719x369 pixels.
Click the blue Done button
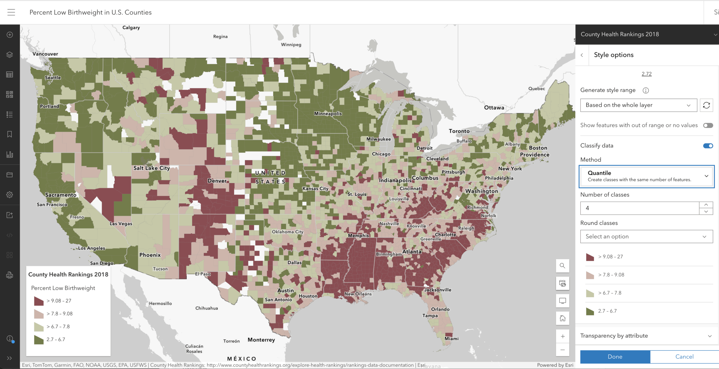615,356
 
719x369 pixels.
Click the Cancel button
684,356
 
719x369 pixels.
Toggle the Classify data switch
708,146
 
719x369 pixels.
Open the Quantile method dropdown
646,176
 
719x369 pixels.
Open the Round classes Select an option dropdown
646,236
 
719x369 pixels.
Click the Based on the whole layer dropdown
638,105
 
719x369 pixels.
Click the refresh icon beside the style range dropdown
706,105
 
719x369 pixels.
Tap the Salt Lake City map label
152,168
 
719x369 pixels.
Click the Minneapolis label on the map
328,114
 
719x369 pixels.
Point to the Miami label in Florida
451,339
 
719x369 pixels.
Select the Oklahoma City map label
287,232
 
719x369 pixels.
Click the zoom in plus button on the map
563,336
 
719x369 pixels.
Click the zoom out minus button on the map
563,350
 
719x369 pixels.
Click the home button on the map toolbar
563,318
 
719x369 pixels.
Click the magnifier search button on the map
562,266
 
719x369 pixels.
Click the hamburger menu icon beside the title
11,12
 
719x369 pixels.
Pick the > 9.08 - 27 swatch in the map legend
39,301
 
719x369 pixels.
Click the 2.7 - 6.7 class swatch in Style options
590,311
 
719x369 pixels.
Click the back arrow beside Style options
582,55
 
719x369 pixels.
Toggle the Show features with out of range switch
708,125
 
